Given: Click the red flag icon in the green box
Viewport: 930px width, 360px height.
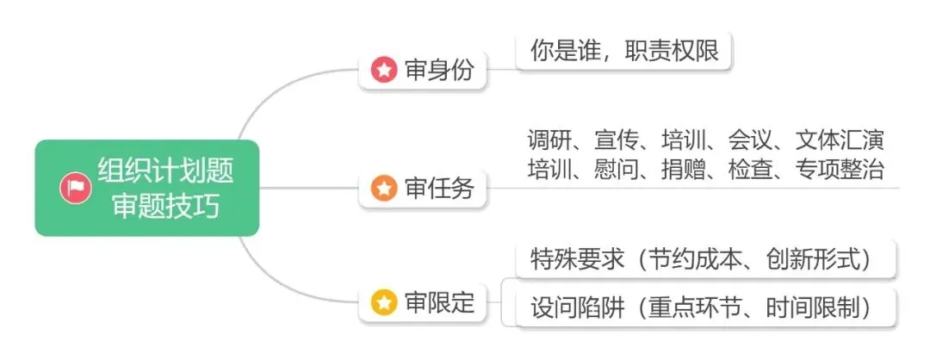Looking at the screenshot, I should pos(76,188).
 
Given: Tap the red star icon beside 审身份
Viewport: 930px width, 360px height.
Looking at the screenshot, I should pos(383,70).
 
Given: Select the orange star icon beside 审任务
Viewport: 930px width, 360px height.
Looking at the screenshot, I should pos(383,188).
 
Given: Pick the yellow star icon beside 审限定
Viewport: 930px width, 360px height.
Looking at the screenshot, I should pos(383,301).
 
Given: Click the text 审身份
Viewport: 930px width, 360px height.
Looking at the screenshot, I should pos(439,70).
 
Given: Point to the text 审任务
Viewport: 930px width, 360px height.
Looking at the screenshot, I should pos(439,188).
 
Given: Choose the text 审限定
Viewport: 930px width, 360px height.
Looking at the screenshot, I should pos(439,301).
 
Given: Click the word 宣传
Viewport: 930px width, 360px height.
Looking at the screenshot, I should pos(617,140).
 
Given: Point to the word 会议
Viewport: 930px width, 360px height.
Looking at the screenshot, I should pos(750,140).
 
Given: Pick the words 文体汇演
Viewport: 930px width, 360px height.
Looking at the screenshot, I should pos(840,140).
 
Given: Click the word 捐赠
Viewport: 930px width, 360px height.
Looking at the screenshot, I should pos(683,169).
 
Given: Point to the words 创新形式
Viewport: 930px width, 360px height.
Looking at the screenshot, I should pos(816,259).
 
